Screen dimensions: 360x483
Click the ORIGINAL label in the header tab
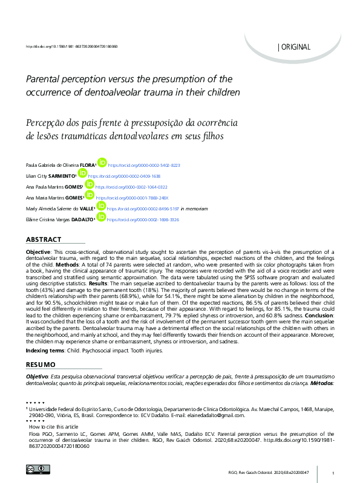pos(296,47)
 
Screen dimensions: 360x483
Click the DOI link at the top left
pos(71,47)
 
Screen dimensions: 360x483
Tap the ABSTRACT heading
pos(43,240)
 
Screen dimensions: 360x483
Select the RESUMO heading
pos(41,365)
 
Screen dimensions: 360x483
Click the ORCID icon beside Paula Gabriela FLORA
pos(102,162)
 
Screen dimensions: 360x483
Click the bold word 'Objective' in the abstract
pos(37,250)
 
